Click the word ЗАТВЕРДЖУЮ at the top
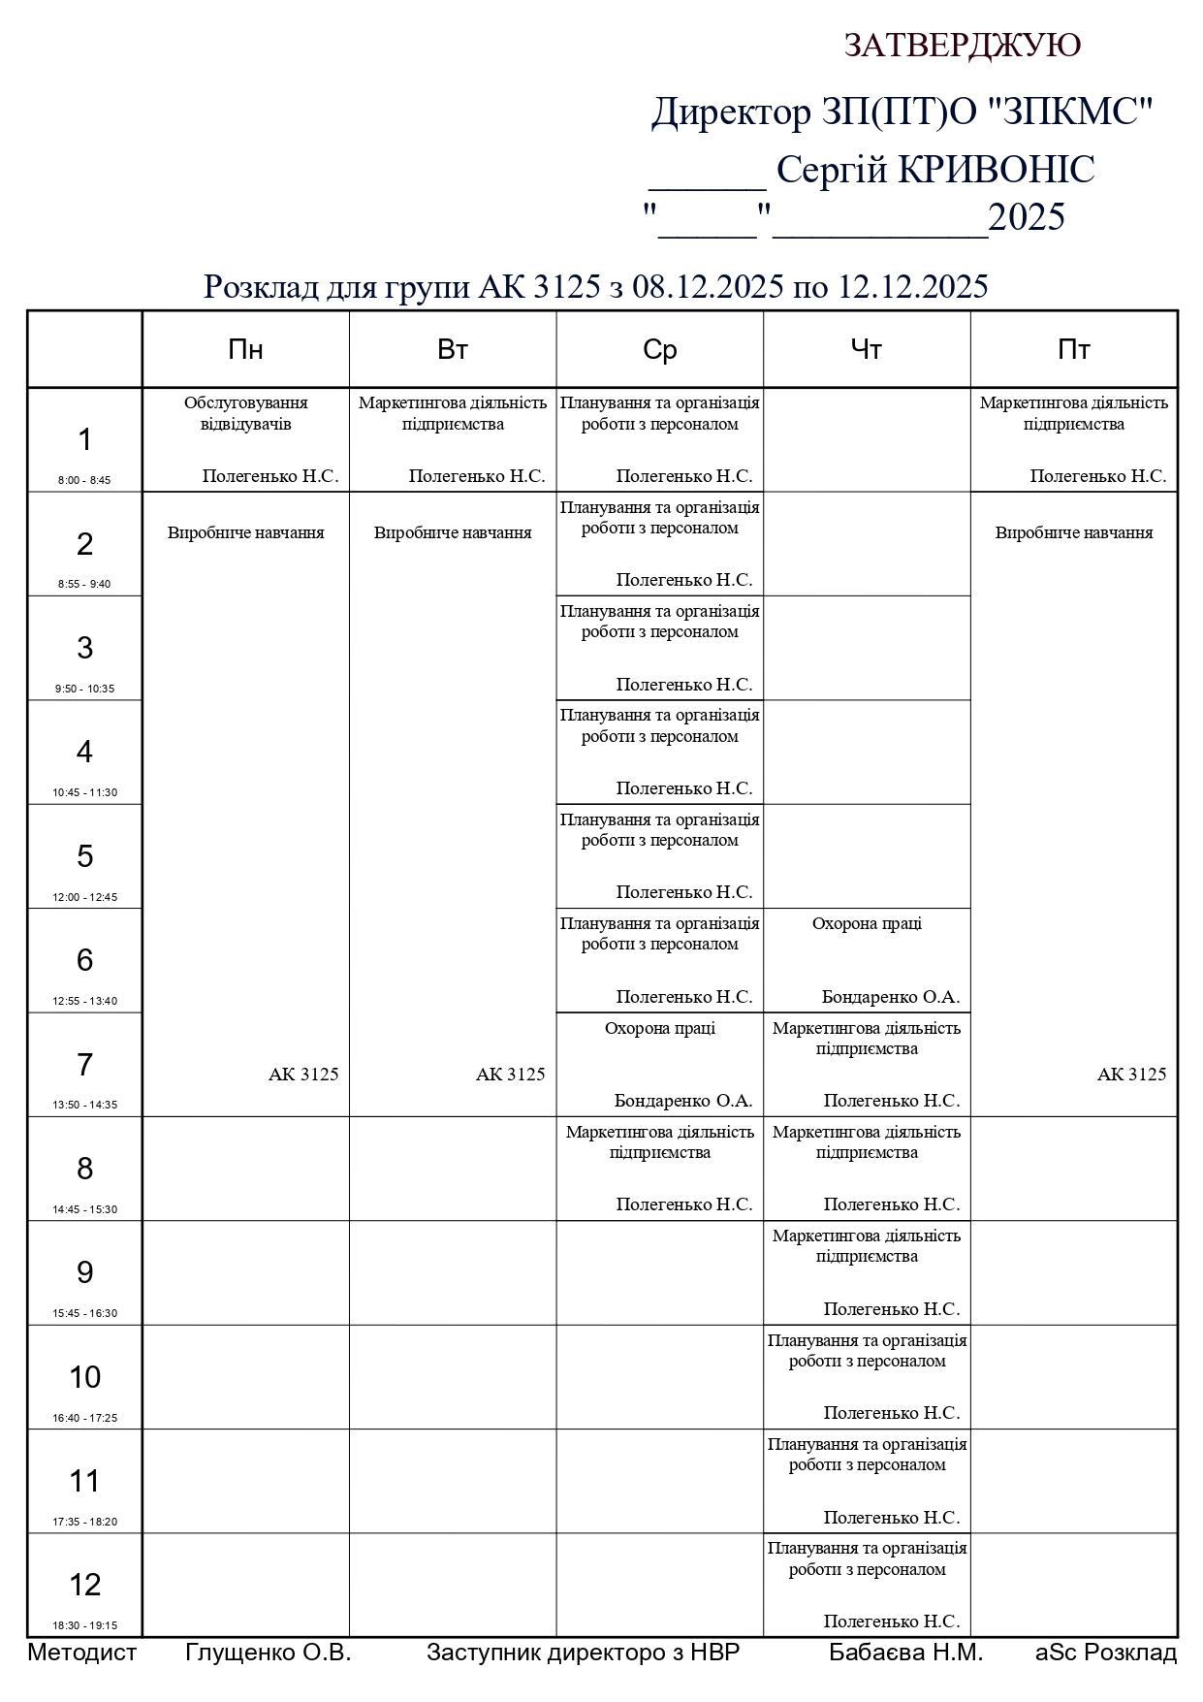click(x=962, y=46)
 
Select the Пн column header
click(x=245, y=350)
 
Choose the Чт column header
click(x=866, y=350)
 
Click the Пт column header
click(x=1073, y=350)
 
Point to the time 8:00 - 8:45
click(x=84, y=480)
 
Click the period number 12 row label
click(x=84, y=1585)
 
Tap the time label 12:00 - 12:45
click(x=84, y=897)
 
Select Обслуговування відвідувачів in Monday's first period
click(x=245, y=413)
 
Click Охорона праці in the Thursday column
click(x=867, y=923)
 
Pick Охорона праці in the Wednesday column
click(x=659, y=1028)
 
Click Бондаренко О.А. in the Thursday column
click(x=890, y=997)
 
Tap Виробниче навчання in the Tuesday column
click(x=453, y=532)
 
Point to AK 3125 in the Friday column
click(x=1131, y=1075)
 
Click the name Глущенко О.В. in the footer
click(x=268, y=1653)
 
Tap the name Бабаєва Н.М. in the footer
click(x=905, y=1653)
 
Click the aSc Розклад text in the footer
click(x=1105, y=1653)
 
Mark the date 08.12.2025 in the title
click(x=707, y=287)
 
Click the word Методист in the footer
click(x=82, y=1653)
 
